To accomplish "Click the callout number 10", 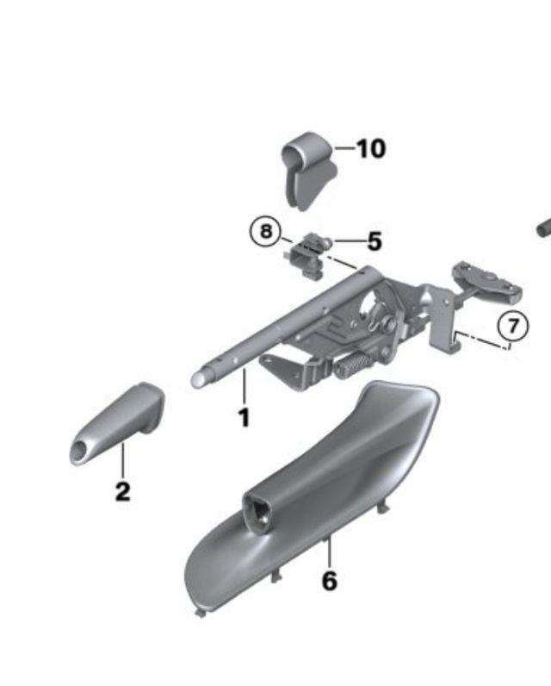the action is (x=371, y=149).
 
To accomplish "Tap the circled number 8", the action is (x=266, y=231).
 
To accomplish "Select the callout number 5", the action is (x=375, y=241).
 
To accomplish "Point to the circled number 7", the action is (x=513, y=326).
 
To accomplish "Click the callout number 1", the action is (x=245, y=417).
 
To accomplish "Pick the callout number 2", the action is (x=123, y=491).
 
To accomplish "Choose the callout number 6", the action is (x=330, y=581).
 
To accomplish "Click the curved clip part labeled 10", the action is (x=308, y=171).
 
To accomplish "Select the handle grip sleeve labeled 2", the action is (x=117, y=423).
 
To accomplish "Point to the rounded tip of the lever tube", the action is (x=198, y=378).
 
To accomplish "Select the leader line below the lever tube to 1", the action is (x=245, y=387).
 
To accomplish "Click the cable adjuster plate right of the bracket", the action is (x=487, y=280).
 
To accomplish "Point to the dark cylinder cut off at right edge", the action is (x=544, y=228).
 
